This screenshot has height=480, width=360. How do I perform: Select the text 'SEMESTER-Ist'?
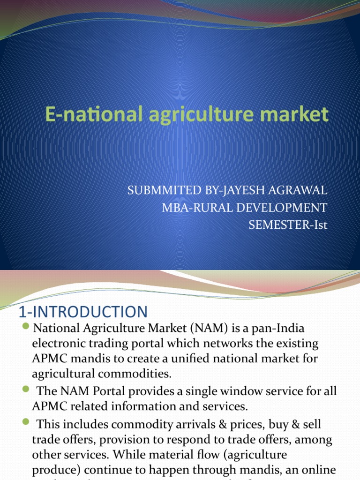click(288, 225)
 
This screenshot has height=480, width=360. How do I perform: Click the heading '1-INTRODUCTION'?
click(82, 312)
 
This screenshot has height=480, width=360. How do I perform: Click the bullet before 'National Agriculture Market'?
click(25, 326)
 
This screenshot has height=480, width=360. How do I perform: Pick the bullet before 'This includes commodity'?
click(25, 423)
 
